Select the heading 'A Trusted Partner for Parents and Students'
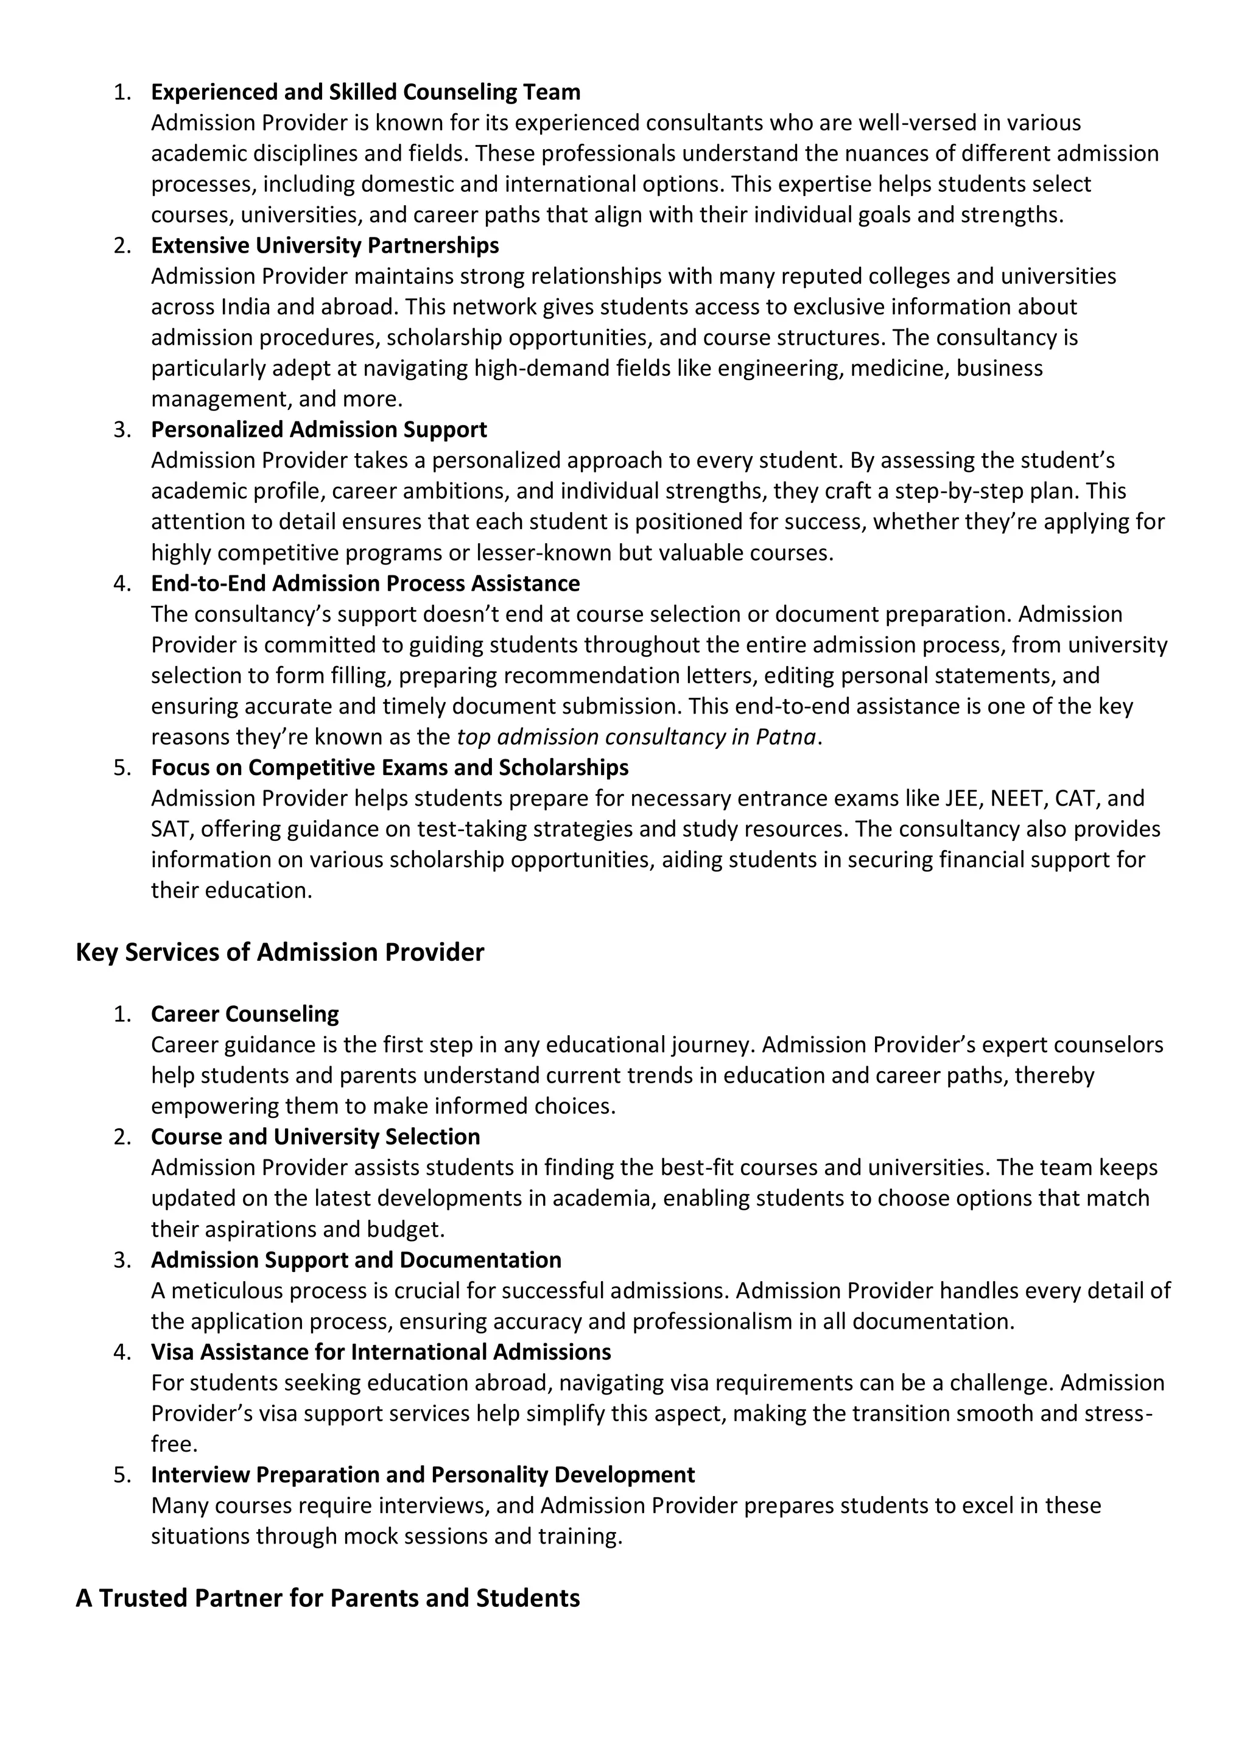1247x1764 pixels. pyautogui.click(x=328, y=1598)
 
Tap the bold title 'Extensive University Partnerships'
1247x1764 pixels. pyautogui.click(x=325, y=246)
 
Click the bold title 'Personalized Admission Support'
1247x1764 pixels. pyautogui.click(x=319, y=429)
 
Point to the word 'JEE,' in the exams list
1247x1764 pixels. pyautogui.click(x=963, y=798)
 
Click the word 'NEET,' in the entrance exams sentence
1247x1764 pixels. pyautogui.click(x=1019, y=798)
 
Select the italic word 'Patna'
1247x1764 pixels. pyautogui.click(x=785, y=737)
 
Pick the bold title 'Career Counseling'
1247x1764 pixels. pyautogui.click(x=244, y=1014)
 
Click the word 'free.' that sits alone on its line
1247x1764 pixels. pyautogui.click(x=174, y=1444)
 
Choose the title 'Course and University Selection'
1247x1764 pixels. pyautogui.click(x=315, y=1137)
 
